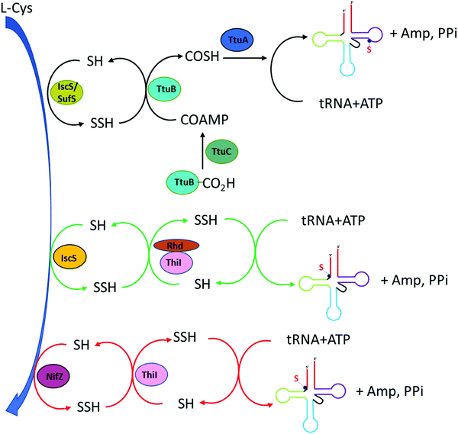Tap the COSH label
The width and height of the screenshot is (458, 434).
[x=205, y=58]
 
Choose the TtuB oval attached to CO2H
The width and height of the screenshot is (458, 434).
[x=184, y=182]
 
